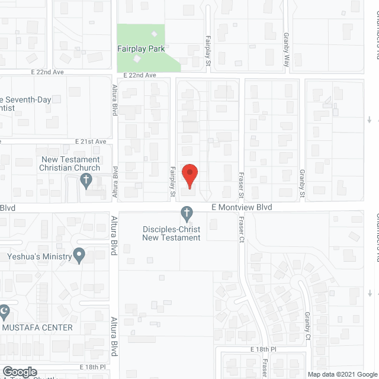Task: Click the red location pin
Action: pyautogui.click(x=189, y=176)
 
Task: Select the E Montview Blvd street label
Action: pyautogui.click(x=242, y=208)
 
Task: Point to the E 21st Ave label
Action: pyautogui.click(x=91, y=142)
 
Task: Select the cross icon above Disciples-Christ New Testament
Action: pyautogui.click(x=187, y=213)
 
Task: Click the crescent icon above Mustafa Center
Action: pyautogui.click(x=4, y=310)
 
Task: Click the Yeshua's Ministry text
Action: pyautogui.click(x=38, y=256)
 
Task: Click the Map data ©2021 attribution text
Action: pyautogui.click(x=331, y=374)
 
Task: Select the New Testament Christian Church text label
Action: pyautogui.click(x=78, y=163)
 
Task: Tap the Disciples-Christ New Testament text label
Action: pyautogui.click(x=171, y=233)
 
